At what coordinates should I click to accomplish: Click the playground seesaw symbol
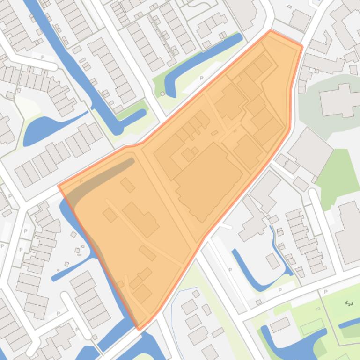tap(349, 303)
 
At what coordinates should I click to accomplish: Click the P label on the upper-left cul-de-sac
tap(43, 57)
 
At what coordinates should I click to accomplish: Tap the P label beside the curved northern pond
tap(202, 78)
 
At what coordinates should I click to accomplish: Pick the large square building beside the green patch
tap(310, 151)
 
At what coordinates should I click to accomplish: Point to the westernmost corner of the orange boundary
tap(59, 186)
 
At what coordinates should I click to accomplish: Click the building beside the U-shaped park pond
tap(279, 324)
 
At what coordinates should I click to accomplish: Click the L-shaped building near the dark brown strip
tap(141, 219)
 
